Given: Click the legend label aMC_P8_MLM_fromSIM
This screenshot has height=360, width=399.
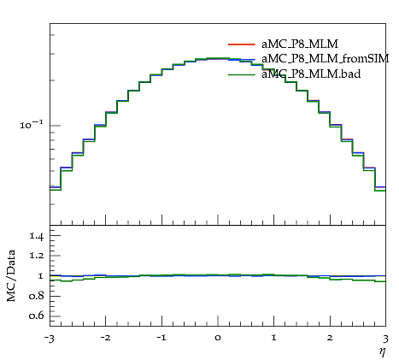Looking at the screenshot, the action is [326, 59].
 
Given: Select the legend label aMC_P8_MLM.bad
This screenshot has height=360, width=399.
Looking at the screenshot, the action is [311, 74].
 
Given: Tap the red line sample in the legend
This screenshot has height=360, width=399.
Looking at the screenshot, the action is [241, 44].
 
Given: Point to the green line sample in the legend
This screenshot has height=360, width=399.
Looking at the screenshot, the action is [241, 74].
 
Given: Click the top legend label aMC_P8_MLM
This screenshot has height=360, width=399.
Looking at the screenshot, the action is [300, 44].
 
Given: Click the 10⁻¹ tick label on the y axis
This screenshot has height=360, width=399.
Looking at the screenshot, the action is [32, 125].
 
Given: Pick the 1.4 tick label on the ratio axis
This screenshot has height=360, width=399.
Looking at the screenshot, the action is [37, 236].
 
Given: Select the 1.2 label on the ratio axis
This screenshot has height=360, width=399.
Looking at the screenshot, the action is [37, 255].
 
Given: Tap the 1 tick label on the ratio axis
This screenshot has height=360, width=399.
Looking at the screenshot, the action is [41, 276].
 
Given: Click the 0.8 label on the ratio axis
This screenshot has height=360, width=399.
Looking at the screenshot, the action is [37, 296].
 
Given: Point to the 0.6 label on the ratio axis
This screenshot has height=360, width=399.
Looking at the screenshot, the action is [37, 316].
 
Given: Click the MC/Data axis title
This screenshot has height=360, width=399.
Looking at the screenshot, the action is [11, 275].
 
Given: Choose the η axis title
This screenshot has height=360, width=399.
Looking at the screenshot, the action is [383, 351].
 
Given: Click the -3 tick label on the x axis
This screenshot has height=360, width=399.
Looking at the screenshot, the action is [49, 339].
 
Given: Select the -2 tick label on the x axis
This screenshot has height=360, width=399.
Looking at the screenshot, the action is [105, 338].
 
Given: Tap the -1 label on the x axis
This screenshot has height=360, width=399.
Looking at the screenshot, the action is [161, 338].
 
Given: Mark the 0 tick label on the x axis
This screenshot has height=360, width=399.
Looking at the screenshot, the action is [218, 338].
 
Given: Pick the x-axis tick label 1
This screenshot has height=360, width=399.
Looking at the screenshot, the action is [274, 338].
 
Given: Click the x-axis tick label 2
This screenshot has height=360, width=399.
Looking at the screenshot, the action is [331, 338].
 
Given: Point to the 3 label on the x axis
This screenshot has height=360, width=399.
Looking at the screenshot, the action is [385, 339].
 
